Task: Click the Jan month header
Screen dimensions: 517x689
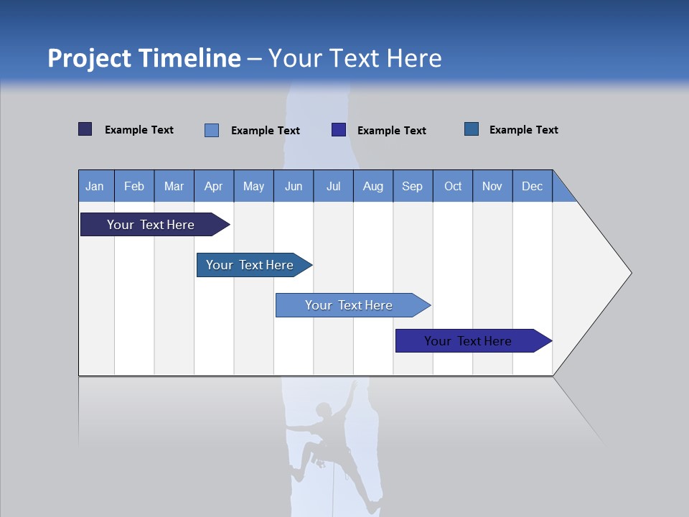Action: [95, 186]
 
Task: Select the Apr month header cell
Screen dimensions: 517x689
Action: [214, 186]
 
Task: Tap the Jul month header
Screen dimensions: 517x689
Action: [334, 186]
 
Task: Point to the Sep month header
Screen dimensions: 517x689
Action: [413, 186]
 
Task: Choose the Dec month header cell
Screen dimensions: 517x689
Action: [533, 186]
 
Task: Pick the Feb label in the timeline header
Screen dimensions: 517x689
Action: [134, 186]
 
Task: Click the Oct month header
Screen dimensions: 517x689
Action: [453, 186]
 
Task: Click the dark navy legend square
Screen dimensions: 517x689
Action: [85, 129]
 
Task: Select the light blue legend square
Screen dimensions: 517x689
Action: [212, 130]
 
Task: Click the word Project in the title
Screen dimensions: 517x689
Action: [89, 58]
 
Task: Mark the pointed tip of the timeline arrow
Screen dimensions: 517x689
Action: [630, 273]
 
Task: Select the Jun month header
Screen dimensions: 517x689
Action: [294, 186]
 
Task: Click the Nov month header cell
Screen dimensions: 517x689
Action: [492, 186]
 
